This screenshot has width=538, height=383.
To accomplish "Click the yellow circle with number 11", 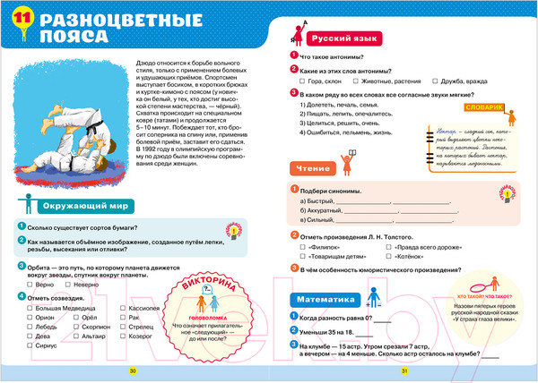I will tap(22, 21).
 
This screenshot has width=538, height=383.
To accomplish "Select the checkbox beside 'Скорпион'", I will tap(77, 328).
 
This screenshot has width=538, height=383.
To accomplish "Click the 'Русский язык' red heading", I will tap(338, 40).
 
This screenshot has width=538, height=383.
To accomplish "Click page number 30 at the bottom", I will tap(134, 371).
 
